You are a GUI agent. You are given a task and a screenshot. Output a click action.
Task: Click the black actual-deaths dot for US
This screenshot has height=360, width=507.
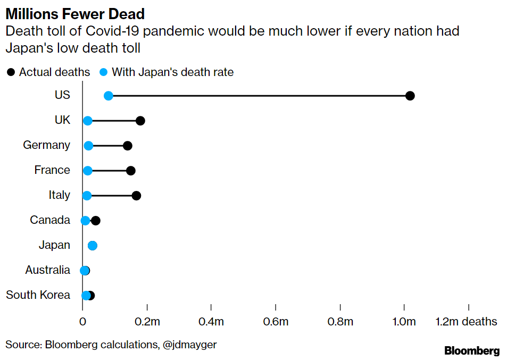click(x=410, y=96)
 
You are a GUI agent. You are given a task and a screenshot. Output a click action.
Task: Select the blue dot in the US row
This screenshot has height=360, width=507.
click(x=109, y=96)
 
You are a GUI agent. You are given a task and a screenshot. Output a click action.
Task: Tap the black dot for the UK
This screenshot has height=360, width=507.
click(x=140, y=121)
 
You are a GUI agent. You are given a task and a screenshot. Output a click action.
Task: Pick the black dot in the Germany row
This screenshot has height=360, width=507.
click(x=128, y=146)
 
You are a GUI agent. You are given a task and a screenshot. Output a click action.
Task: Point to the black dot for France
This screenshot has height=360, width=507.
click(x=131, y=171)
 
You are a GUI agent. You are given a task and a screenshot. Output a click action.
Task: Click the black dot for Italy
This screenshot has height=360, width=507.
click(x=136, y=196)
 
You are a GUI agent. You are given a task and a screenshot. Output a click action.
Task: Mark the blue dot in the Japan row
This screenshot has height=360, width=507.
click(x=93, y=246)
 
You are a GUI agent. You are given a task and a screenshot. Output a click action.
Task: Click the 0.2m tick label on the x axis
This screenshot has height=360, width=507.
click(x=147, y=322)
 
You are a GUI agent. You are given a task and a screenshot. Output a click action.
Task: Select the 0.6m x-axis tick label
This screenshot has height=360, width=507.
click(x=276, y=322)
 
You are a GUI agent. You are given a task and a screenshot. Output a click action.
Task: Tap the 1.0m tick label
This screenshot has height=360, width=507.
click(x=404, y=322)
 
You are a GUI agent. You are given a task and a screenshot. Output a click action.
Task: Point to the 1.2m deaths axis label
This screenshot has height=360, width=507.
click(x=467, y=322)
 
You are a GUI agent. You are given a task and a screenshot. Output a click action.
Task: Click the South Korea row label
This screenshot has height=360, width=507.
click(x=38, y=295)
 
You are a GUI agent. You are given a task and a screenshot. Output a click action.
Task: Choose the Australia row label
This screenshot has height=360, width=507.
click(x=47, y=270)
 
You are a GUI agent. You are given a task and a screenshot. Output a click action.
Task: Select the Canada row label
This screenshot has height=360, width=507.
click(x=49, y=220)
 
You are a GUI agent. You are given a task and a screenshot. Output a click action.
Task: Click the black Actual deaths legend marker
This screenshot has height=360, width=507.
click(x=11, y=72)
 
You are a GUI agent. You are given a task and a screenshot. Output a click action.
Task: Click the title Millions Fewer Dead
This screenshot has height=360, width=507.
click(x=75, y=13)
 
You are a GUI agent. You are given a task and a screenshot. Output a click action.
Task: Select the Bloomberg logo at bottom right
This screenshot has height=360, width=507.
click(x=472, y=350)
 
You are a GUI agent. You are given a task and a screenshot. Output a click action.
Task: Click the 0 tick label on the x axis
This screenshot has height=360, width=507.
click(x=83, y=322)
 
